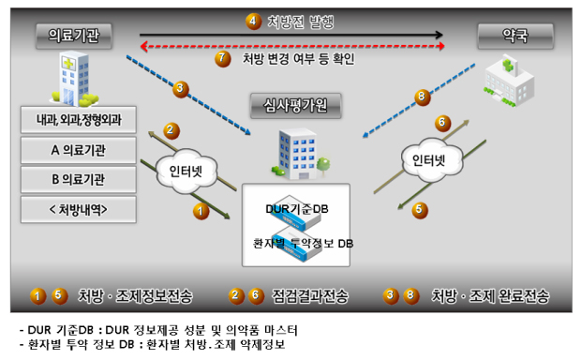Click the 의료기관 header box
click(x=73, y=37)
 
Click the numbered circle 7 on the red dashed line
click(x=223, y=58)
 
